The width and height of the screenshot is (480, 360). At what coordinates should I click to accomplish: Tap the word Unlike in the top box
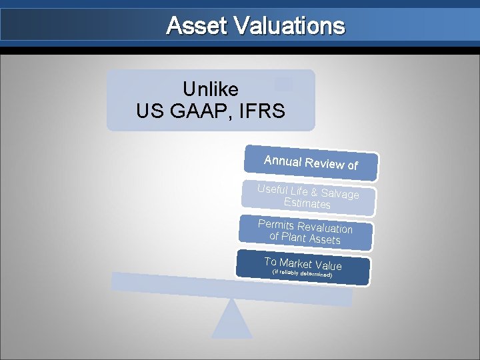point(210,89)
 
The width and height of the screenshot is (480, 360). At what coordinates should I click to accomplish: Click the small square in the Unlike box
point(283,84)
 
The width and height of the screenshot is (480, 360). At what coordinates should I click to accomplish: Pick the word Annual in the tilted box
point(282,161)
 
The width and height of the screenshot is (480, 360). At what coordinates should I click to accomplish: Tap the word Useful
point(273,189)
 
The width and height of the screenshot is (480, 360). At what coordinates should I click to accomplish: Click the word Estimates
point(307,203)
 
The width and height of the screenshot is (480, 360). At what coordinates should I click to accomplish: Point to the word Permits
point(276,224)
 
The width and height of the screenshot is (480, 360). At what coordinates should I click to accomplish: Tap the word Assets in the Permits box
point(324,239)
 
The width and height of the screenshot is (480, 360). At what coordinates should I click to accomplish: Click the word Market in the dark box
point(300,263)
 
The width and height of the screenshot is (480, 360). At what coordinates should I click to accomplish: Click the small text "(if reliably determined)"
point(302,273)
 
